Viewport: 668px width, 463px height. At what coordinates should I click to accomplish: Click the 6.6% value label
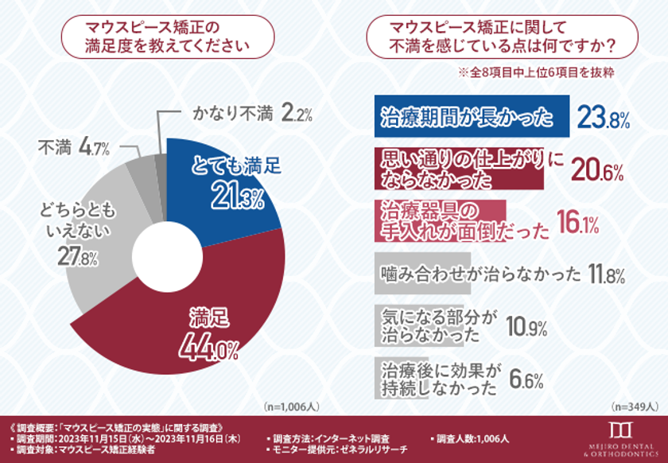pyautogui.click(x=527, y=379)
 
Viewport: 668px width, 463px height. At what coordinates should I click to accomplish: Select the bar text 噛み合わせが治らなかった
pyautogui.click(x=480, y=275)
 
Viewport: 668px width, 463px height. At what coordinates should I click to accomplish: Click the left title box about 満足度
pyautogui.click(x=168, y=37)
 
